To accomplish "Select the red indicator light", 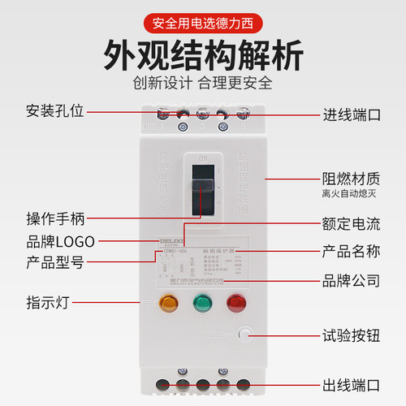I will [x=237, y=304].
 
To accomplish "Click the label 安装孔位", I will [x=55, y=112].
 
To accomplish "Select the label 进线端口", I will [x=352, y=114].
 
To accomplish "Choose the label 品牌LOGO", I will [x=60, y=241].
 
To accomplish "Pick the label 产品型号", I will [x=55, y=262].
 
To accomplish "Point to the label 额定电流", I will [x=352, y=221].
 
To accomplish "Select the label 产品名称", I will [x=352, y=249].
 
